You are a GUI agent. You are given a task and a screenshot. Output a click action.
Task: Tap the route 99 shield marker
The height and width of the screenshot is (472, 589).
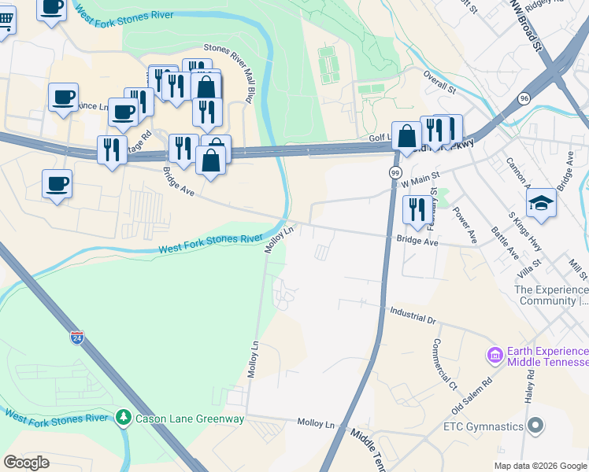395,172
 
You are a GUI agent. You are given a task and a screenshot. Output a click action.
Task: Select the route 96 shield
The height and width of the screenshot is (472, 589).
524,98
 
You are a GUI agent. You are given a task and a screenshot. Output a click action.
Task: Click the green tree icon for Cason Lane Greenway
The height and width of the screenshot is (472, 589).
123,416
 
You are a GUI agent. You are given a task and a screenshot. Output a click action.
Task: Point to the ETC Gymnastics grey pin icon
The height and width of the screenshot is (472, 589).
535,426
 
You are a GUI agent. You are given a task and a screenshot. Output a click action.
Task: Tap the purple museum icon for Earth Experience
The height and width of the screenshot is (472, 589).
495,356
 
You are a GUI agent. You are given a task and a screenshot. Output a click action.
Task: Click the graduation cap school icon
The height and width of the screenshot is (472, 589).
541,201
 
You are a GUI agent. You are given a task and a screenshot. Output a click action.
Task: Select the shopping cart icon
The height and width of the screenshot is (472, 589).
5,24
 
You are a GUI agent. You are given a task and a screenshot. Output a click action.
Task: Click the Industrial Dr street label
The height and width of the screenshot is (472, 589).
413,315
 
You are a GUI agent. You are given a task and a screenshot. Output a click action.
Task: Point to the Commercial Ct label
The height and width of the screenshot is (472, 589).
444,364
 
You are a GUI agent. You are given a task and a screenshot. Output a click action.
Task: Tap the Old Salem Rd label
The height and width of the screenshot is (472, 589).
472,396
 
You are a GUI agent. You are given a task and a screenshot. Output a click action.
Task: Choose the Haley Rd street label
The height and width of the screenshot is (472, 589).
530,393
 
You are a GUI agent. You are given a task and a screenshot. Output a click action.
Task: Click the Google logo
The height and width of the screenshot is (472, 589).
27,463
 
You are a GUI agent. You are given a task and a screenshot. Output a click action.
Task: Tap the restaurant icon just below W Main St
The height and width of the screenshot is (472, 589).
417,209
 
